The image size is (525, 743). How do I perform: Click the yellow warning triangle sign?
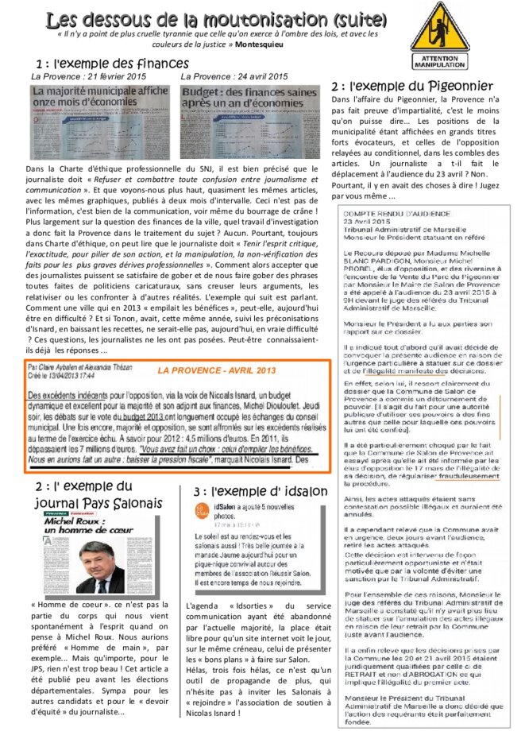tap(438, 29)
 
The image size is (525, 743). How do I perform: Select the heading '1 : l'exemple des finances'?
tap(112, 64)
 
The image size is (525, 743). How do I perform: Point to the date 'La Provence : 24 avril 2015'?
tap(234, 76)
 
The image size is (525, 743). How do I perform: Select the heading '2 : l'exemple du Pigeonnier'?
tap(411, 85)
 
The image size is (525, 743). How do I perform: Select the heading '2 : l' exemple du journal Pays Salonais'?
tap(98, 493)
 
